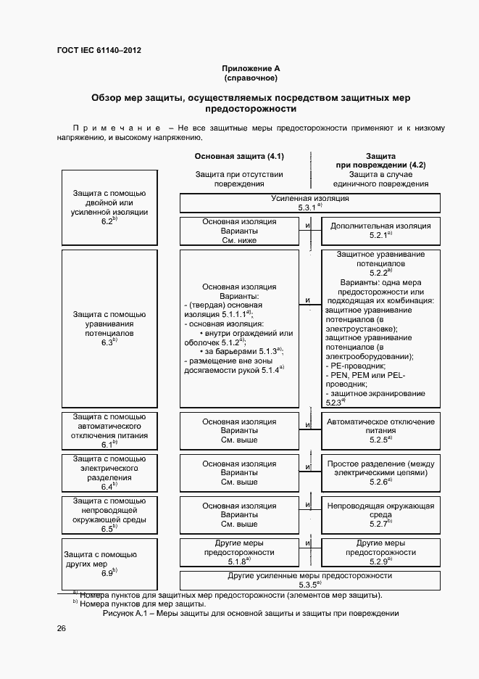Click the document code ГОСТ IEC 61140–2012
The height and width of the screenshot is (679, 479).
tap(99, 50)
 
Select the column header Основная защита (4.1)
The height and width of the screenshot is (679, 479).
tap(239, 157)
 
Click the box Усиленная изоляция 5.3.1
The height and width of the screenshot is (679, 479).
tap(310, 202)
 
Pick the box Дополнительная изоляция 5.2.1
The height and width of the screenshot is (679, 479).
tap(380, 230)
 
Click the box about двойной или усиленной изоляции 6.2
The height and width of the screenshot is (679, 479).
tap(109, 207)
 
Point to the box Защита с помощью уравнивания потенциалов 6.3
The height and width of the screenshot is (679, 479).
tap(109, 329)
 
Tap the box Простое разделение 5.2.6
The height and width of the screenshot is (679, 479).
tap(380, 472)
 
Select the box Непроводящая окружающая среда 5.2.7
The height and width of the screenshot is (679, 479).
tap(380, 514)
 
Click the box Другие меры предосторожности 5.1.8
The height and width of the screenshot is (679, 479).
tap(239, 551)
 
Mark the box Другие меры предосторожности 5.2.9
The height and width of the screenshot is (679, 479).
tap(380, 551)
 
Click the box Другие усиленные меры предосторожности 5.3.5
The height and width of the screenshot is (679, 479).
tap(310, 580)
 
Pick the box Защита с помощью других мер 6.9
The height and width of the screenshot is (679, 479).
tap(109, 563)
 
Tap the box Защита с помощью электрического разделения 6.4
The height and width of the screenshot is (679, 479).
tap(109, 473)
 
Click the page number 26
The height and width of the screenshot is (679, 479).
tap(62, 628)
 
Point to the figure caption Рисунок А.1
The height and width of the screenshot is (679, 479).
tap(251, 613)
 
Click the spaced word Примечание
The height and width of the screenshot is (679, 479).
tap(117, 128)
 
